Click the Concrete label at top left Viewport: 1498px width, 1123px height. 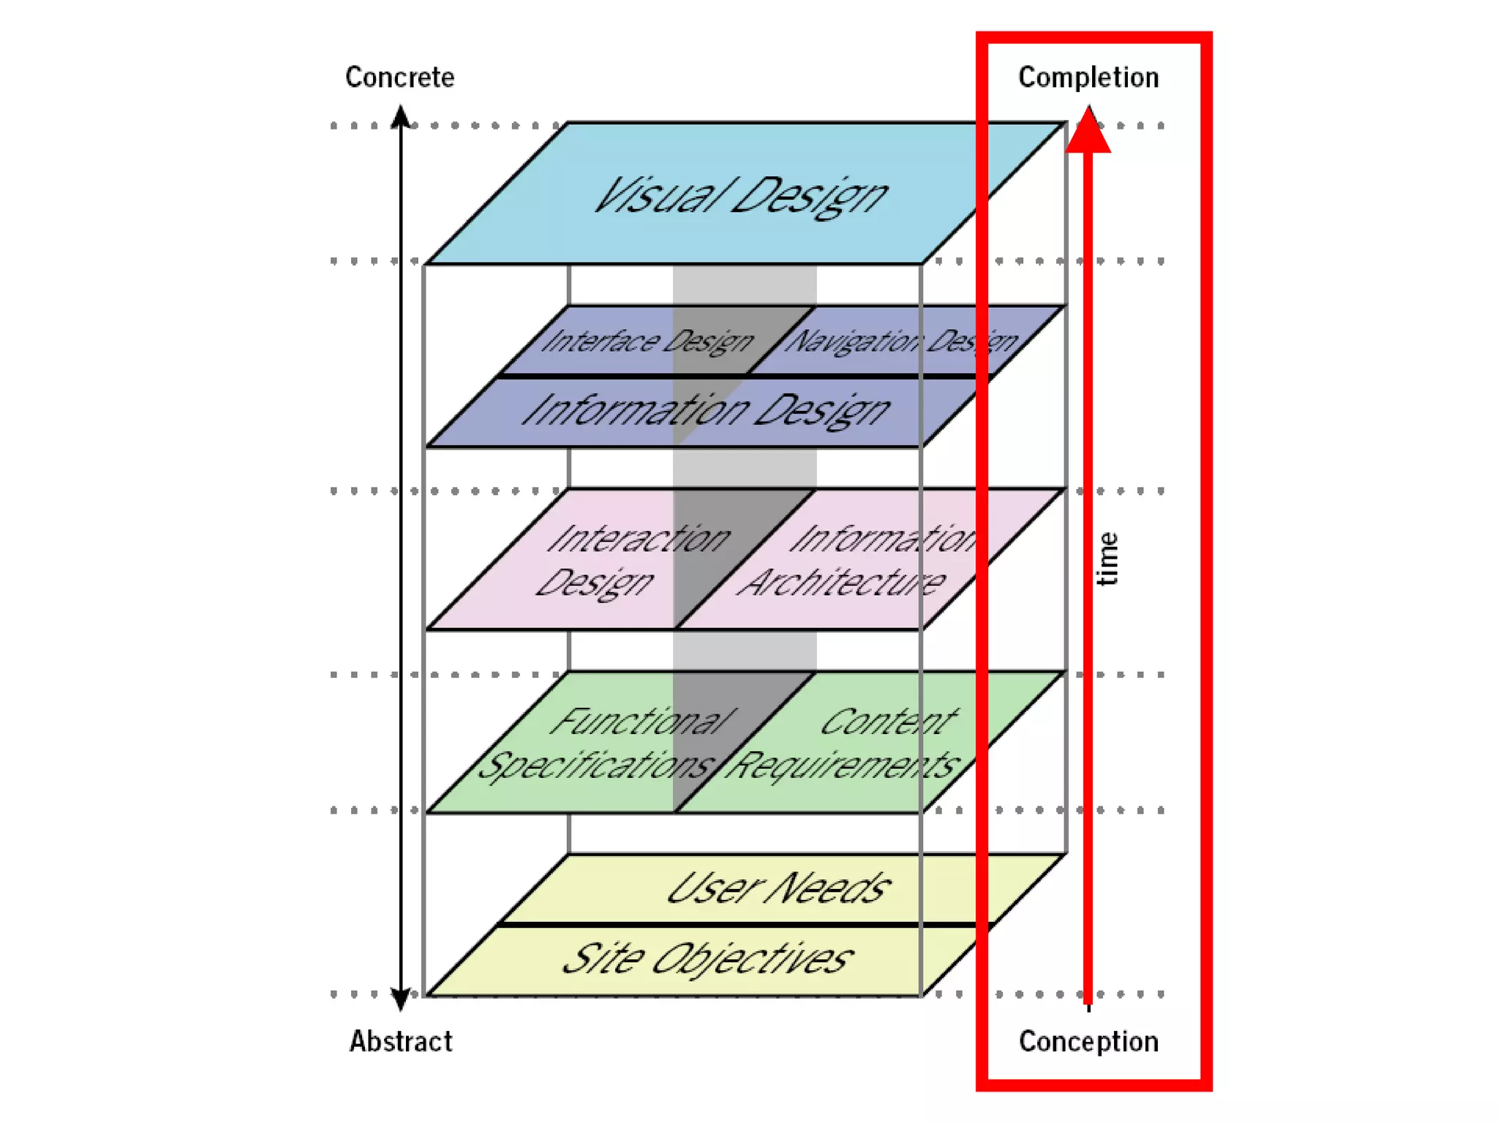coord(399,77)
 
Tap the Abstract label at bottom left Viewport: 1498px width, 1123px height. coord(400,1040)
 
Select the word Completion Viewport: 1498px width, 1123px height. coord(1088,77)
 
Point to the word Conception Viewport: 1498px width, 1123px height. coord(1088,1040)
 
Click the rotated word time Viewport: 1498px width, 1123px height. coord(1107,559)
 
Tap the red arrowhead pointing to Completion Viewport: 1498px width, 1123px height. coord(1088,132)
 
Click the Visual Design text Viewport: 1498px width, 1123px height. coord(740,196)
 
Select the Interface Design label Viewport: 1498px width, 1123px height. coord(647,341)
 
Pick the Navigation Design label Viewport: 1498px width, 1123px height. coord(901,341)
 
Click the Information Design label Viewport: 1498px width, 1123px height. coord(706,409)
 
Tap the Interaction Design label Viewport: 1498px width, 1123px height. coord(633,560)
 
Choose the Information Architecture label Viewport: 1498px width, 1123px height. coord(856,560)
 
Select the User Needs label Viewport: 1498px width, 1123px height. coord(778,889)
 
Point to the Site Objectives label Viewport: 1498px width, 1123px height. coord(707,958)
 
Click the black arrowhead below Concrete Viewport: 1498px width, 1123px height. coord(401,117)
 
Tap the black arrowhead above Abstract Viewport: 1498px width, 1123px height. coord(400,999)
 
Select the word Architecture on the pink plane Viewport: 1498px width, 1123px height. coord(841,583)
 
